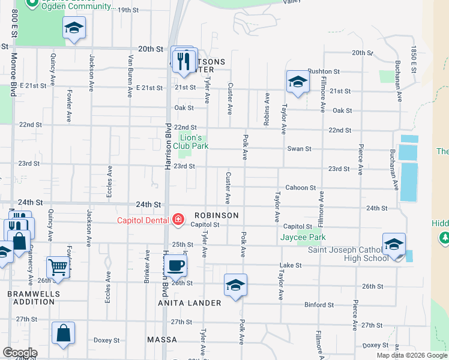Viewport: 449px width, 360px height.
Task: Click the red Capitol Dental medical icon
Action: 178,221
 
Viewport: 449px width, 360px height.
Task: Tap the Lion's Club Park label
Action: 191,141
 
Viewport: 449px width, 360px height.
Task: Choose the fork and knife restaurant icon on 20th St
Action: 184,60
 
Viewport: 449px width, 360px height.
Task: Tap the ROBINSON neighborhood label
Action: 216,215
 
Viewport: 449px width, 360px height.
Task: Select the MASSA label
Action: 161,340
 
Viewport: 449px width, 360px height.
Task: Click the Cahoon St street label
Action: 300,188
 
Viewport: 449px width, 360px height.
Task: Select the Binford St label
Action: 319,305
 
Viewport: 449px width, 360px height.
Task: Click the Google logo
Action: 20,353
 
